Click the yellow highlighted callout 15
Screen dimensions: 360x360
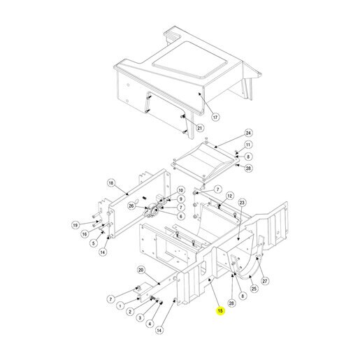pos(220,311)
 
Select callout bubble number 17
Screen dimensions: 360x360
pos(215,117)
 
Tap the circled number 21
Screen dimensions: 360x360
pos(200,128)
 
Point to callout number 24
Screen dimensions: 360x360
pos(248,133)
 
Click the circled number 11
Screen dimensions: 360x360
pos(248,145)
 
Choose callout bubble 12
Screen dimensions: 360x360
pos(230,196)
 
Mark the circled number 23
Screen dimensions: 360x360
pos(242,203)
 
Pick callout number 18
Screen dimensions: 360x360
pos(111,183)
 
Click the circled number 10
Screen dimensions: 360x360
pos(181,190)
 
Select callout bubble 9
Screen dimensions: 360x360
pos(181,199)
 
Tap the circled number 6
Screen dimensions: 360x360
pos(181,216)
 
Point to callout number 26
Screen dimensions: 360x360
pos(131,206)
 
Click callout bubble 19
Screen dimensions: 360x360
pos(75,225)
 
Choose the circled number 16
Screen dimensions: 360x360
pos(85,234)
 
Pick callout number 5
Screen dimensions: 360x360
pos(94,243)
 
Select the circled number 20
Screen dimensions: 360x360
pos(141,270)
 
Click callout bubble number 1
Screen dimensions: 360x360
pos(120,305)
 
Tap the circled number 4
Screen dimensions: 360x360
pos(150,324)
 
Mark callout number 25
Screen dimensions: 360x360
pos(254,289)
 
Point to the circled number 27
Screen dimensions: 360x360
pos(265,281)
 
